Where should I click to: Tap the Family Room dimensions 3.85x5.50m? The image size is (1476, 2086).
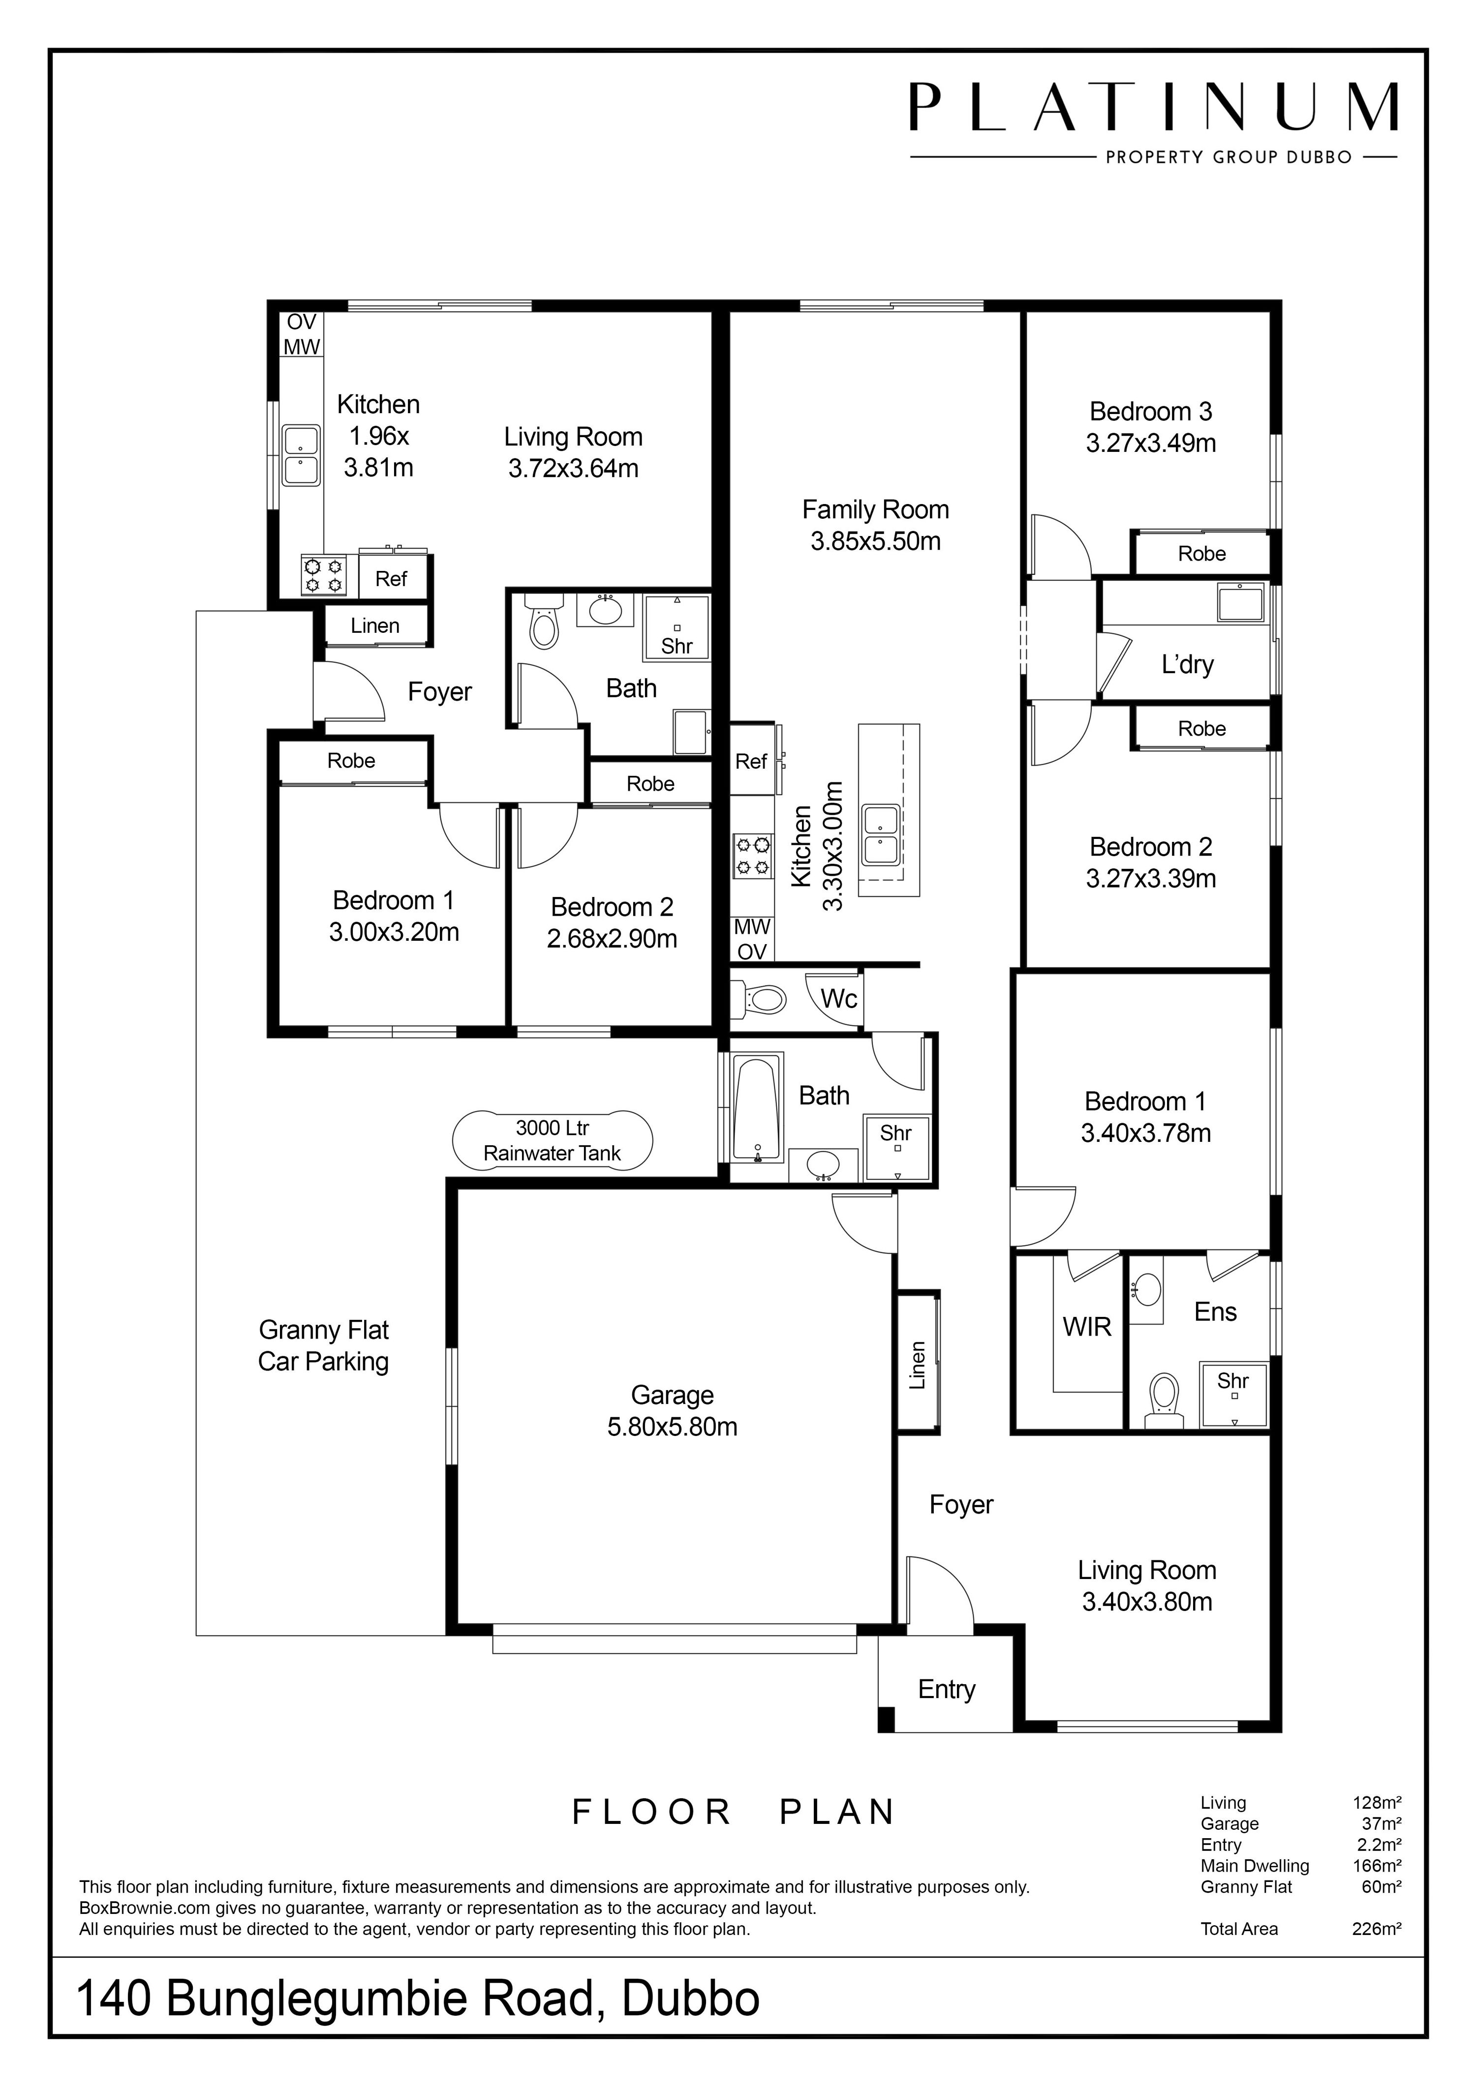click(x=875, y=541)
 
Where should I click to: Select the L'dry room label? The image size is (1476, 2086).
click(x=1187, y=664)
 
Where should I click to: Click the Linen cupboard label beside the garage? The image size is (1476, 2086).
click(x=918, y=1365)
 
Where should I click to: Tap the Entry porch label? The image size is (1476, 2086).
click(x=946, y=1689)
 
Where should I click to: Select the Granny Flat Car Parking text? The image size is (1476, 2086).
click(x=324, y=1345)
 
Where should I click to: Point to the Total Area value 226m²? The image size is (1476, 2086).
click(x=1376, y=1929)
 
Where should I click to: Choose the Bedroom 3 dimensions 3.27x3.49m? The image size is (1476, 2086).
click(x=1151, y=444)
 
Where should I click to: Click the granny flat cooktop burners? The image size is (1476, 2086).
click(x=324, y=576)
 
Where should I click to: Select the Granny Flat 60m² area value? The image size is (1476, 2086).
click(x=1382, y=1887)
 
